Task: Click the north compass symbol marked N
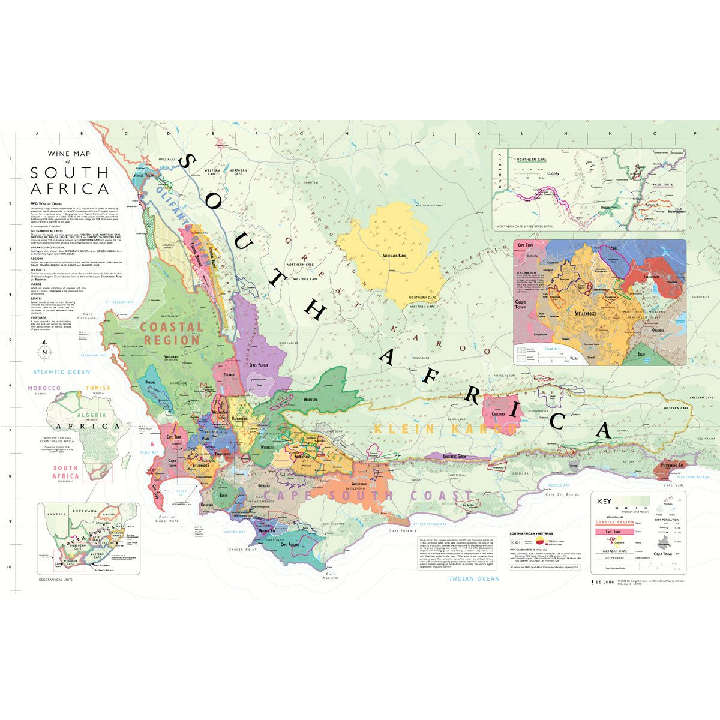(44, 352)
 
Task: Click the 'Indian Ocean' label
(475, 578)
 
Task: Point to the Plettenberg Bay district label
(669, 465)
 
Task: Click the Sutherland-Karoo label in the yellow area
(394, 256)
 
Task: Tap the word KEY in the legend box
(604, 502)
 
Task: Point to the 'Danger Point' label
(242, 549)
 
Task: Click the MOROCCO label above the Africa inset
(44, 389)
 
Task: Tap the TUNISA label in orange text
(98, 388)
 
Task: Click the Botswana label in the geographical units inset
(83, 510)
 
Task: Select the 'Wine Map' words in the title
(70, 154)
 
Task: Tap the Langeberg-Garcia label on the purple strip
(454, 457)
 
